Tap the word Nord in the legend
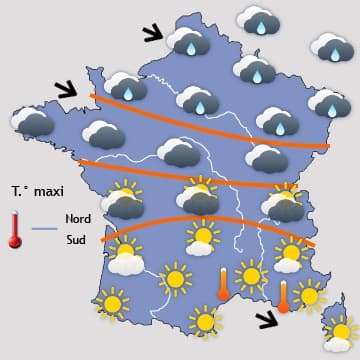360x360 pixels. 78,218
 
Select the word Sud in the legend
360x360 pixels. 76,240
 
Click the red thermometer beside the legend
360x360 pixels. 15,230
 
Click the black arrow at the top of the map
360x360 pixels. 153,36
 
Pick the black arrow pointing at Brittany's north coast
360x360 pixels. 65,89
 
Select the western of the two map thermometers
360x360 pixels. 223,283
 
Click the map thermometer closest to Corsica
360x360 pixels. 284,297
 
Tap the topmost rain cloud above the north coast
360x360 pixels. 258,17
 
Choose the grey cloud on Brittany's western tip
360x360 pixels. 32,122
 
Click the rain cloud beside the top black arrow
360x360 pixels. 187,42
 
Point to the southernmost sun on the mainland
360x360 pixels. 204,321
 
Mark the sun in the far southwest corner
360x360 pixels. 111,302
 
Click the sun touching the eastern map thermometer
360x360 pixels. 309,293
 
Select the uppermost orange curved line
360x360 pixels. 210,118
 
